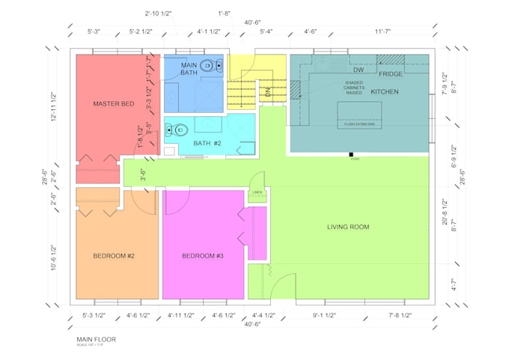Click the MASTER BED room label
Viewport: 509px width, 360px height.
tap(113, 103)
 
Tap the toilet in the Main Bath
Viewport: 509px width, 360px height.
tap(207, 66)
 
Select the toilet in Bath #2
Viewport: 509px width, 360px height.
tap(171, 129)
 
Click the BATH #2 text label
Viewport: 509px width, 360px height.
tap(207, 143)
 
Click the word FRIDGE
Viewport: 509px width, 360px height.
tap(391, 74)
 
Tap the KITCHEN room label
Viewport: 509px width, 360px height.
tap(385, 91)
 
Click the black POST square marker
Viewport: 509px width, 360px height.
tap(350, 154)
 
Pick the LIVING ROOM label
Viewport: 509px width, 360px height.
tap(348, 227)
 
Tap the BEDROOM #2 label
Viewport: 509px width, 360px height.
tap(114, 256)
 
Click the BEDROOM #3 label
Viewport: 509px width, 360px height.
tap(203, 256)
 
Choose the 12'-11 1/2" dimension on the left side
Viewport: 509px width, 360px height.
tap(55, 107)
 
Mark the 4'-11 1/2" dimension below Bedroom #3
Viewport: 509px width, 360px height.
tap(180, 315)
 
